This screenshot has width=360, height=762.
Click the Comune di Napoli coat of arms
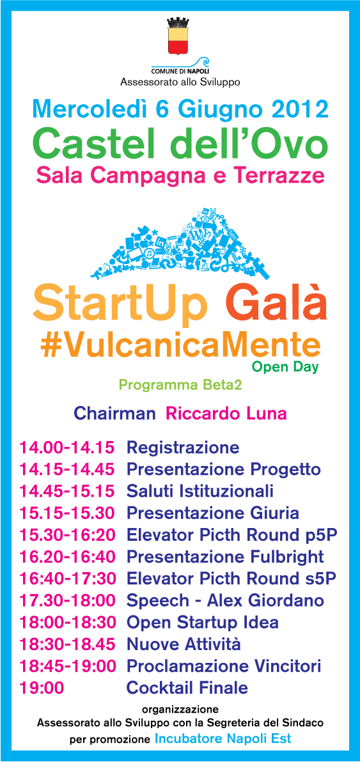pos(180,37)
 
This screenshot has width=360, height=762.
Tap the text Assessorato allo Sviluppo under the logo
pos(180,82)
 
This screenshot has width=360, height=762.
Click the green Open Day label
pos(285,368)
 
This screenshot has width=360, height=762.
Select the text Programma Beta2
pos(180,385)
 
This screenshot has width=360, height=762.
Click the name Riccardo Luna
pos(226,414)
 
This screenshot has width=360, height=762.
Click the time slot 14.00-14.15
pos(67,447)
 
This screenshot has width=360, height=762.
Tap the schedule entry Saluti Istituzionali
pos(200,492)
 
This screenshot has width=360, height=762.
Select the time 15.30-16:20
pos(67,535)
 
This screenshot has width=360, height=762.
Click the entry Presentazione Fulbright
pos(225,557)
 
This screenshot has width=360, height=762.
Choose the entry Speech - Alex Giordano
pos(225,600)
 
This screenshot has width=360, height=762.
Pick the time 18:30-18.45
pos(67,644)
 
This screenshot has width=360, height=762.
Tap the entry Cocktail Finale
pos(187,688)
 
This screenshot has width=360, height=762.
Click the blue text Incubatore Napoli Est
pos(223,739)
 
